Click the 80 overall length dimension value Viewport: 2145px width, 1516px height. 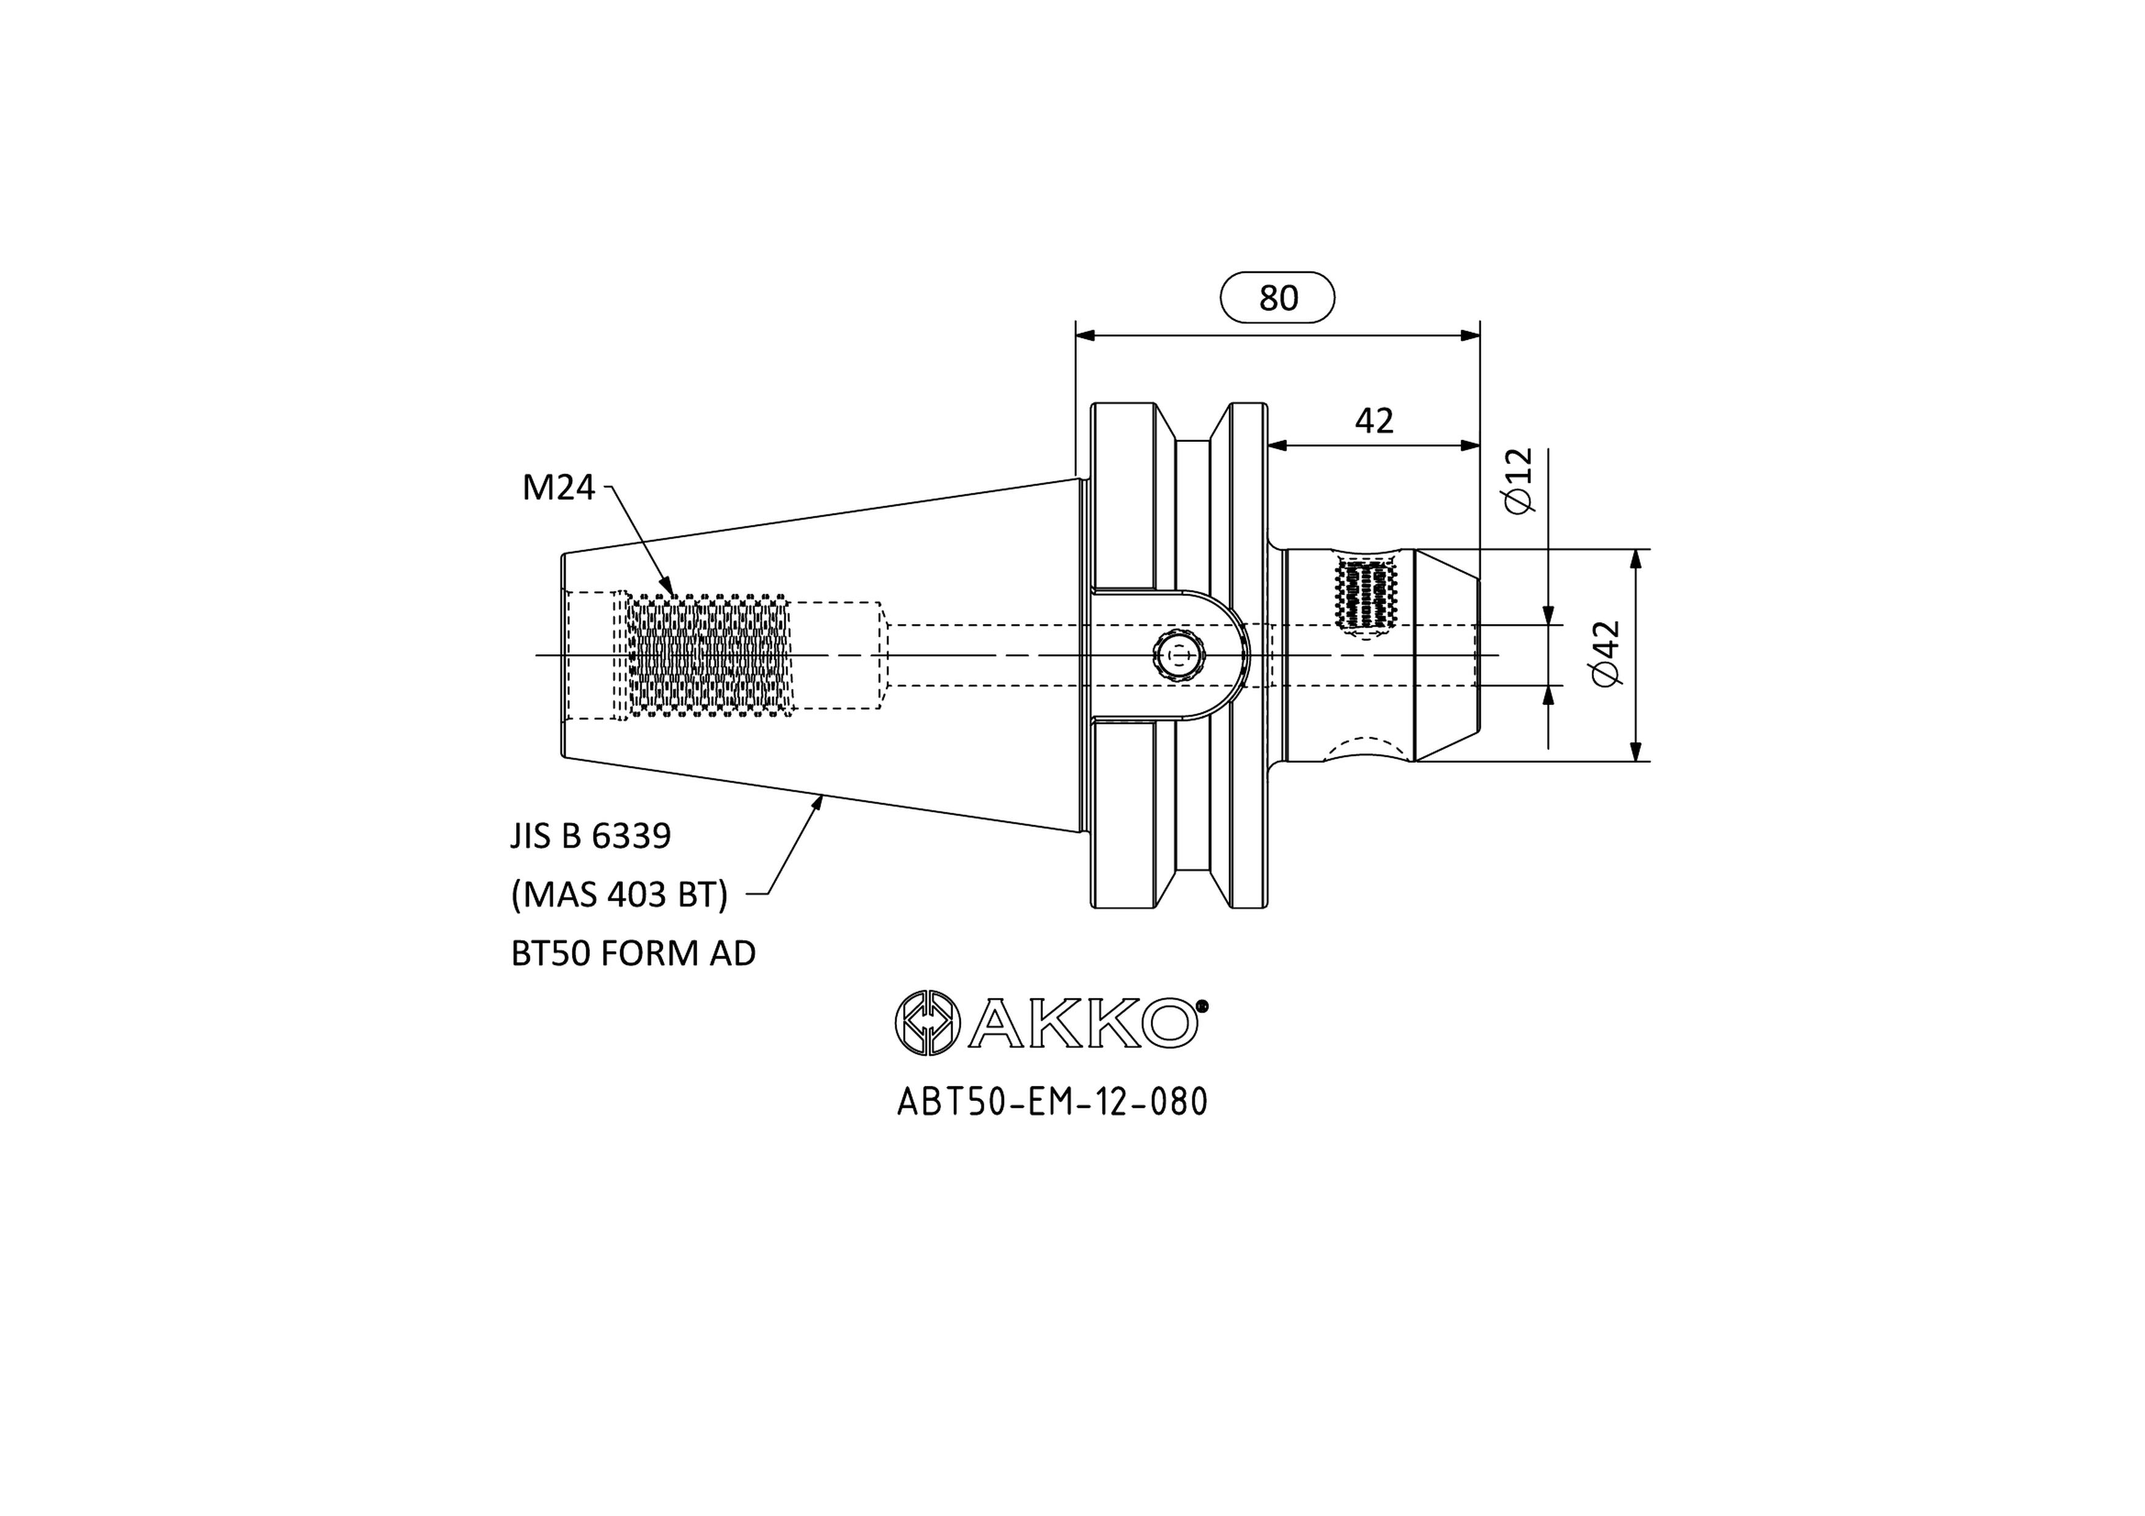point(1278,298)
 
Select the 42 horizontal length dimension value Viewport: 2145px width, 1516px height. point(1375,421)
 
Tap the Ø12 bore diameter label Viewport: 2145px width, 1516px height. point(1520,480)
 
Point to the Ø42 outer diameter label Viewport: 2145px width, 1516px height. point(1607,654)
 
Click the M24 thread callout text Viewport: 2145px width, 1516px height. point(559,488)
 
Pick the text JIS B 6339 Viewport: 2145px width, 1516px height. point(591,836)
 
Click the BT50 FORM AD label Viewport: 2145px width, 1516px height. point(633,954)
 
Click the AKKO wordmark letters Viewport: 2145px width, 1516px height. point(1084,1023)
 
